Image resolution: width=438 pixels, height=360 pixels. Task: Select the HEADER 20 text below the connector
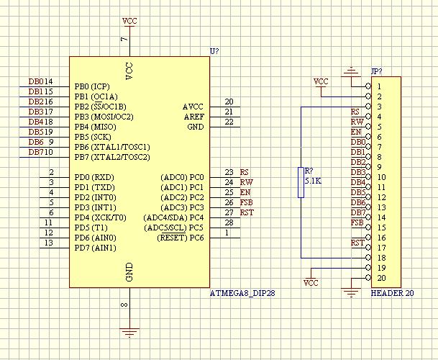point(392,294)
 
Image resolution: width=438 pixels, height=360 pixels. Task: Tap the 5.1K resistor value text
point(313,182)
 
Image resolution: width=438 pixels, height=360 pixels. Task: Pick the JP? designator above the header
point(375,72)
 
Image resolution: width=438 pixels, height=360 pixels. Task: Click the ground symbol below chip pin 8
point(129,332)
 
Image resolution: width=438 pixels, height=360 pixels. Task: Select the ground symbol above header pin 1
point(351,71)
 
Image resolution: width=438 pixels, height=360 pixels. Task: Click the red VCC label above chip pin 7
point(129,20)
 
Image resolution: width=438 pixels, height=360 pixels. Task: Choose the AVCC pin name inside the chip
point(193,107)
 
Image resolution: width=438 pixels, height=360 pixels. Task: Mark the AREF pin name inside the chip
point(193,117)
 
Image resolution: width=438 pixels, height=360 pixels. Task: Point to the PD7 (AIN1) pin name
point(94,248)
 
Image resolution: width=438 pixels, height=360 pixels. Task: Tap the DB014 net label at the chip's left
point(40,82)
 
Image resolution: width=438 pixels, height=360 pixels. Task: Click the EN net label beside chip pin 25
point(245,193)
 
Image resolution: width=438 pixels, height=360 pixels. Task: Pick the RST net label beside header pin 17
point(357,243)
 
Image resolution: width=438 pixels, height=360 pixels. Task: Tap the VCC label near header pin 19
point(311,283)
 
